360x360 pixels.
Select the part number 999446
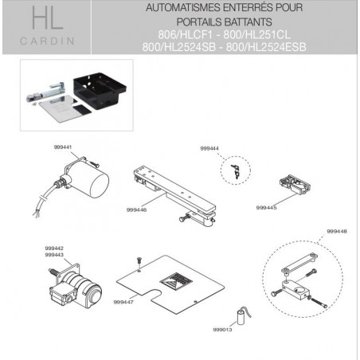(x=136, y=209)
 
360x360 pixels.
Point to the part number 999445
(x=266, y=206)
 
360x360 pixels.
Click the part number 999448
(x=337, y=231)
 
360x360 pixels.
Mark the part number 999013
(x=223, y=328)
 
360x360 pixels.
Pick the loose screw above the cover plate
(x=138, y=261)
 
